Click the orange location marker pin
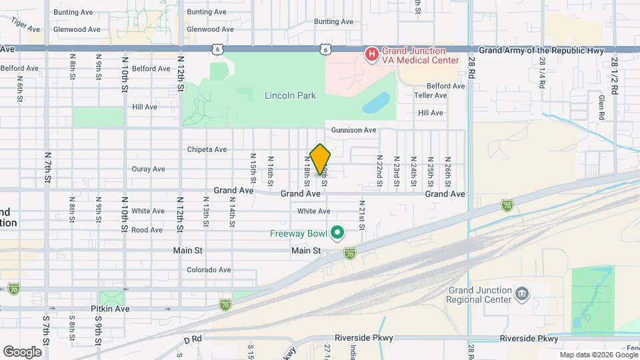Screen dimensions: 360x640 pos(321,158)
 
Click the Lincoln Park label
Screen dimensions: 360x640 pos(290,95)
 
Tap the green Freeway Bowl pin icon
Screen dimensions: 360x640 pos(337,233)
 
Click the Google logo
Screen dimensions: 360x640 pos(22,351)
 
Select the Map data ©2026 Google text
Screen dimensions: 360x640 pos(599,355)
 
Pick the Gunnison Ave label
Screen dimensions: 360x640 pos(353,130)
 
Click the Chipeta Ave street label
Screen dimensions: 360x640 pos(207,149)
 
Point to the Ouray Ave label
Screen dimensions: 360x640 pos(148,169)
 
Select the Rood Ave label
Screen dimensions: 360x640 pos(147,230)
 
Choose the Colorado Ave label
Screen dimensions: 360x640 pos(209,270)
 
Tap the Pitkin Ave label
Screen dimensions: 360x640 pos(111,309)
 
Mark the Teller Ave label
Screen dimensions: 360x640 pos(430,95)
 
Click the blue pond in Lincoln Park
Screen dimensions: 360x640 pos(377,103)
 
